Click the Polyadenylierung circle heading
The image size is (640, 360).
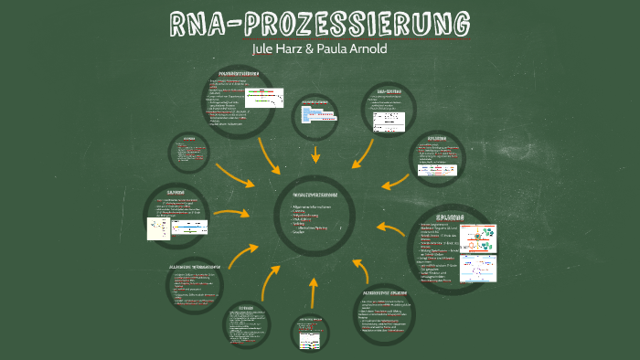pyautogui.click(x=240, y=73)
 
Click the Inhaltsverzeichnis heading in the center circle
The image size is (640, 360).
pyautogui.click(x=315, y=196)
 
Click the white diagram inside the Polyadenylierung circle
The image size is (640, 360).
pyautogui.click(x=264, y=98)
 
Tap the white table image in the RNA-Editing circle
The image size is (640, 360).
pyautogui.click(x=389, y=118)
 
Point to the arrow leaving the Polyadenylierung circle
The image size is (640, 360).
pyautogui.click(x=274, y=156)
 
